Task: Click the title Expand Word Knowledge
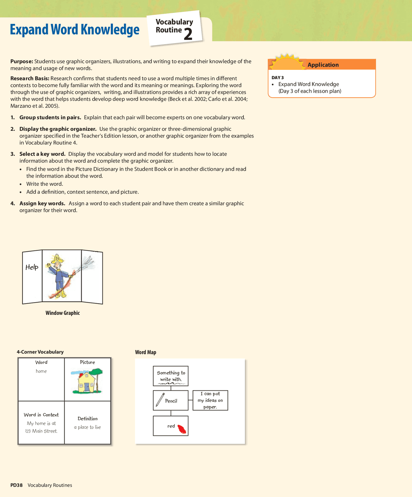74,30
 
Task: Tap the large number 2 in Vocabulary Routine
188,34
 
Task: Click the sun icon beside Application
286,63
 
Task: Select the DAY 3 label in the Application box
277,78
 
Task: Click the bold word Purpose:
22,61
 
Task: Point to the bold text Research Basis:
30,78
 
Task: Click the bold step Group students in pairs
50,117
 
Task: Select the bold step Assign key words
42,203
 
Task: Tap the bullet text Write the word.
44,184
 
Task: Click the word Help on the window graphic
32,267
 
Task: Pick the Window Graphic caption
62,313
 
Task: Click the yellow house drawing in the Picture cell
87,383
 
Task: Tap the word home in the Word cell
41,371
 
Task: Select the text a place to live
87,427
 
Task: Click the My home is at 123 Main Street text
41,427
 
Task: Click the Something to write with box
171,376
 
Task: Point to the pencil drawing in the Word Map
160,400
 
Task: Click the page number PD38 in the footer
16,485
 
